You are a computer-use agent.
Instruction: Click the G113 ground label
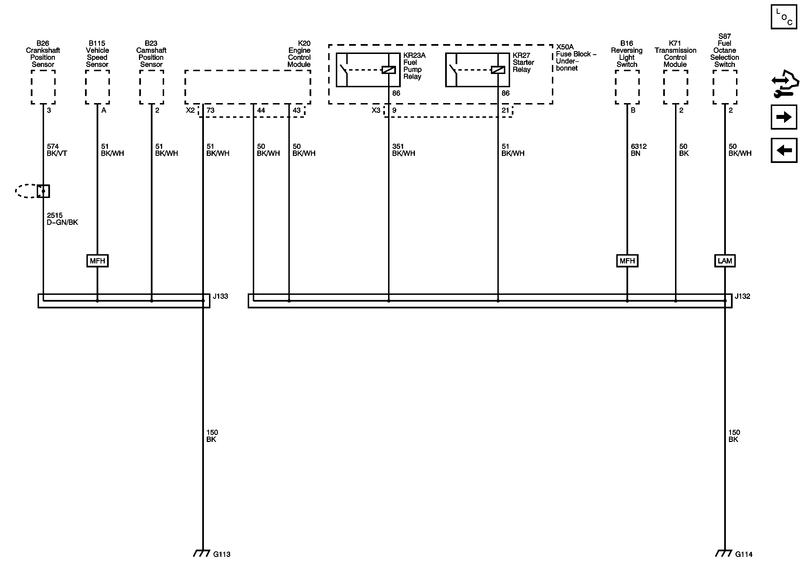pyautogui.click(x=221, y=554)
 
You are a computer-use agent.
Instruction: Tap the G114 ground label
pyautogui.click(x=743, y=554)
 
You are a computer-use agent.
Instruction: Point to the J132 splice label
pyautogui.click(x=742, y=296)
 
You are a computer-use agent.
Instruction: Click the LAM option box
pyautogui.click(x=724, y=261)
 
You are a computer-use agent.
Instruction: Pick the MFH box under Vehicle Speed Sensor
pyautogui.click(x=97, y=261)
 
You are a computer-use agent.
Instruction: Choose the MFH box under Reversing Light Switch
pyautogui.click(x=627, y=261)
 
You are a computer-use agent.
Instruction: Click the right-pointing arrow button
pyautogui.click(x=783, y=117)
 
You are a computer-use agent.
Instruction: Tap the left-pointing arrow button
pyautogui.click(x=783, y=150)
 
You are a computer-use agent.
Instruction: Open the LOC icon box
pyautogui.click(x=783, y=17)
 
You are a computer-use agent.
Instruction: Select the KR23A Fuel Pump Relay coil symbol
pyautogui.click(x=388, y=70)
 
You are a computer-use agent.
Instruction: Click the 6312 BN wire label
pyautogui.click(x=638, y=150)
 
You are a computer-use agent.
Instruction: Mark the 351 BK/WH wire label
pyautogui.click(x=403, y=150)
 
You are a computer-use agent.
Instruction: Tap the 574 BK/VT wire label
pyautogui.click(x=56, y=150)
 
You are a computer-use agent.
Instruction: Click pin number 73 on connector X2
pyautogui.click(x=210, y=110)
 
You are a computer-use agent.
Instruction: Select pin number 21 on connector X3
pyautogui.click(x=505, y=110)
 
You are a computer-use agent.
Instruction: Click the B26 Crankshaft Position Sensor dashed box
pyautogui.click(x=43, y=87)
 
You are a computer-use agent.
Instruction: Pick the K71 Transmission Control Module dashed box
pyautogui.click(x=675, y=87)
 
